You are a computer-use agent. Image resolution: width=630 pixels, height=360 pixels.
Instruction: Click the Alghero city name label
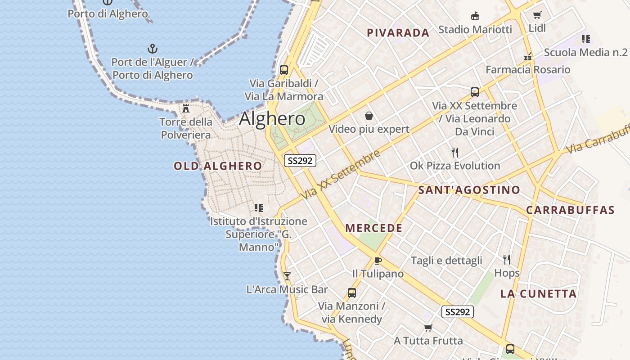click(272, 119)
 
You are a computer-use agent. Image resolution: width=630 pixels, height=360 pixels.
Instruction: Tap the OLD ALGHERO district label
click(218, 166)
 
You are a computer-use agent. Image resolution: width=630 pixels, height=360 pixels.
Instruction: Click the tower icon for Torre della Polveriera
click(185, 108)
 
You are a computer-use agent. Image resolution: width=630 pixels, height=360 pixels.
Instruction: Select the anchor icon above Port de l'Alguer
click(153, 48)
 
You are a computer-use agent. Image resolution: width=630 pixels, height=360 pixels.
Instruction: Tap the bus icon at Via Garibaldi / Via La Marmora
click(284, 70)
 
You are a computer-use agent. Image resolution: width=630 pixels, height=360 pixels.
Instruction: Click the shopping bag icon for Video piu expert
click(369, 116)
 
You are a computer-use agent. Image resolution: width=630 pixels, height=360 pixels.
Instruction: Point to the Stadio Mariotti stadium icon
click(475, 16)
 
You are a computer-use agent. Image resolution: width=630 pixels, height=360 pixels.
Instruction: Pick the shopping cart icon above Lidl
click(537, 15)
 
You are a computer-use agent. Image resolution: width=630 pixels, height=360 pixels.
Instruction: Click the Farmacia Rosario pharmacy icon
click(528, 57)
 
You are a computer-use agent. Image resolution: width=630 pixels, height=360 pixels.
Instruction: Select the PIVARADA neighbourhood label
click(398, 33)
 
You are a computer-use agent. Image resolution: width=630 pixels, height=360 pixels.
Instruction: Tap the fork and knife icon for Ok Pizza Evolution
click(455, 152)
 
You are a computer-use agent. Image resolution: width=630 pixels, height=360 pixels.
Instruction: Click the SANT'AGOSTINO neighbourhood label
click(469, 190)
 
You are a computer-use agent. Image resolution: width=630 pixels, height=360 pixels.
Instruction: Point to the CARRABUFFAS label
click(570, 210)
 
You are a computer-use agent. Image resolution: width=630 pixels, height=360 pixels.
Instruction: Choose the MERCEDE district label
click(374, 228)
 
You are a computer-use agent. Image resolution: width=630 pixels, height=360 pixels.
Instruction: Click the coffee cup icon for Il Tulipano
click(378, 261)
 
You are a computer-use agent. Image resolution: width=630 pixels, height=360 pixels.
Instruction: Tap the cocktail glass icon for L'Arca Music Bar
click(287, 276)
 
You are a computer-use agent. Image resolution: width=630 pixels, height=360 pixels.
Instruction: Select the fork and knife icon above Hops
click(507, 259)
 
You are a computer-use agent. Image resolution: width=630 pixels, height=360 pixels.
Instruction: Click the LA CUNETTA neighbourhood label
click(539, 294)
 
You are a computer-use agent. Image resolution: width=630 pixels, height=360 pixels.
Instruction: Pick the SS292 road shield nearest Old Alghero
click(300, 161)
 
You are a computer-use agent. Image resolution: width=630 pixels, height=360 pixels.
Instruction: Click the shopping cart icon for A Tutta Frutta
click(428, 328)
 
